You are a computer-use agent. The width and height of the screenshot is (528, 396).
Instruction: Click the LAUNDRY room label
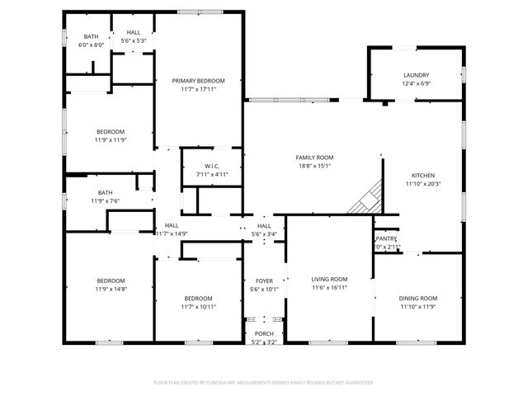coord(416,75)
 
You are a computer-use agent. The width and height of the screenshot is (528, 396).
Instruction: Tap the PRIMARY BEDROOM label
coord(198,80)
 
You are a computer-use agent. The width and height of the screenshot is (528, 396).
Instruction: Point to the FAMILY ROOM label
coord(314,157)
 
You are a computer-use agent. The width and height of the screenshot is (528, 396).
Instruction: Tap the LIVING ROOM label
coord(329,280)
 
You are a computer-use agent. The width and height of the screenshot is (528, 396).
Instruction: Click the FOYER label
coord(264,280)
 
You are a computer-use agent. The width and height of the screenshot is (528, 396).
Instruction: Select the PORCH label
coord(264,333)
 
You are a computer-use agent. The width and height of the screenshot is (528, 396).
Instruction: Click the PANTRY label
coord(387,238)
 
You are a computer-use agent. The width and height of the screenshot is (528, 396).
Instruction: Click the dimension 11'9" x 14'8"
coord(111,289)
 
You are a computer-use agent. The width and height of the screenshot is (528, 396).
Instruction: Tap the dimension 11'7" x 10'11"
coord(198,306)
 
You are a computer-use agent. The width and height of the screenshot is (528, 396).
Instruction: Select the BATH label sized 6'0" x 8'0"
coord(91,36)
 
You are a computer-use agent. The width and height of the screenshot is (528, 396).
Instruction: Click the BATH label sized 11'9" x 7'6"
coord(105,192)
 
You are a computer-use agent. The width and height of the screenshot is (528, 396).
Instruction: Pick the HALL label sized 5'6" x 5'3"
coord(133,32)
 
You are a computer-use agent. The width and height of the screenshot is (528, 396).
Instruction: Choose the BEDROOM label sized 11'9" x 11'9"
coord(111,132)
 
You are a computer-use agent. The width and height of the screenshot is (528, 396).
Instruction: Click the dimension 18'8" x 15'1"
coord(314,165)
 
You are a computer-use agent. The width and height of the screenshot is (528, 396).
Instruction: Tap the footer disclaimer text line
coord(264,383)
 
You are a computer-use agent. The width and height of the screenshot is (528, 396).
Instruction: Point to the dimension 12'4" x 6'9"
coord(416,83)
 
